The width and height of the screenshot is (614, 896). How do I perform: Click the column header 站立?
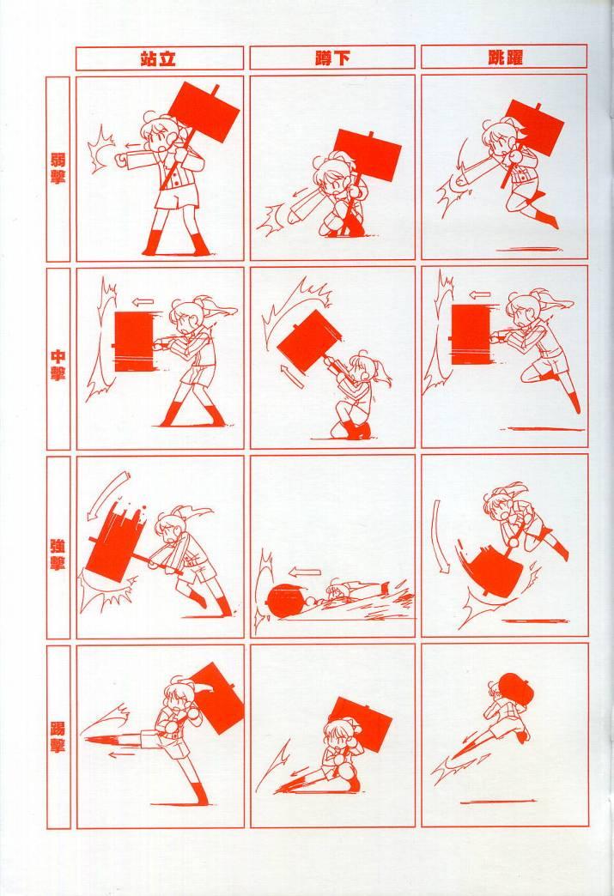click(158, 58)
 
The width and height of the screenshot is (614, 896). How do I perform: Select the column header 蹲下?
click(332, 58)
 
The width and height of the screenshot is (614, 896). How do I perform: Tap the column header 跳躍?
click(505, 58)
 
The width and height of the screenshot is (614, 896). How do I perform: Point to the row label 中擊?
click(58, 365)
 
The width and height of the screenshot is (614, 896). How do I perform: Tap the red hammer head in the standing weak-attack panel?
click(205, 113)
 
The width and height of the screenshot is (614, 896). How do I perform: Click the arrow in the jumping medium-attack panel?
click(479, 295)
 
